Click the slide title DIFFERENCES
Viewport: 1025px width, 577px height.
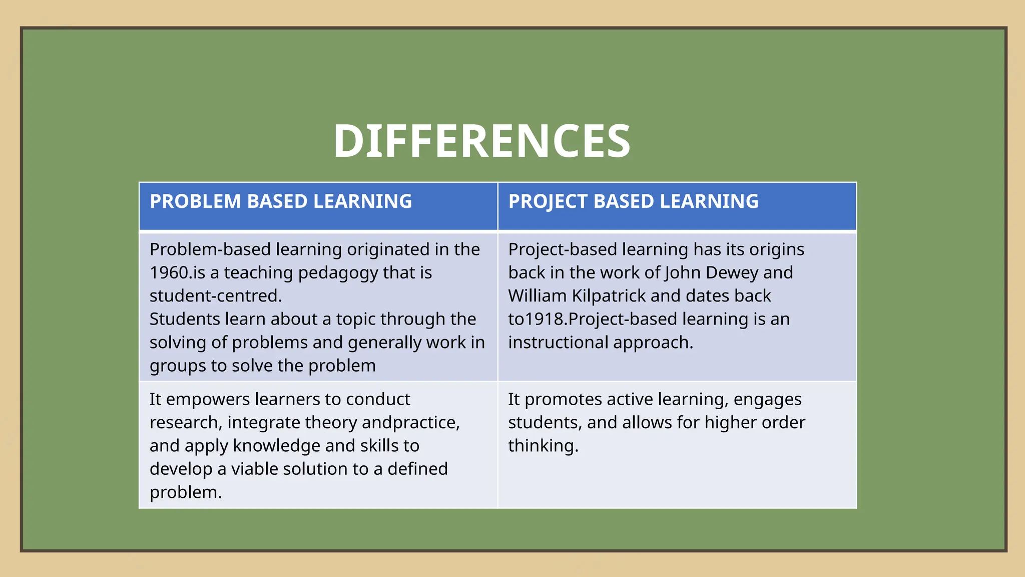(481, 142)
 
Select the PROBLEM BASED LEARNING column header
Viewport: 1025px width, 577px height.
(281, 201)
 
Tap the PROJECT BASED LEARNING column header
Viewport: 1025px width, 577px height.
(633, 201)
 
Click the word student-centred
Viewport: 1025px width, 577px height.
(215, 296)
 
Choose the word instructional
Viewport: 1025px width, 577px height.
(558, 343)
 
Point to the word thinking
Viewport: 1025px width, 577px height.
(543, 446)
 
